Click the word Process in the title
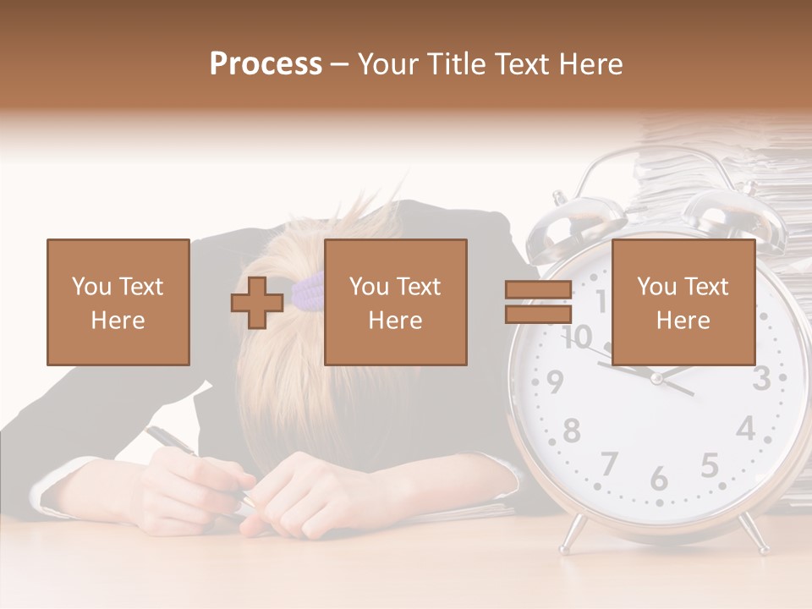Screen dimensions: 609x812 (x=266, y=64)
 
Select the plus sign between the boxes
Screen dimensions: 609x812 (x=257, y=303)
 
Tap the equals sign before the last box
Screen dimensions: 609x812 (x=538, y=302)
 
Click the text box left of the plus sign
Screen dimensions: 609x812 (x=118, y=302)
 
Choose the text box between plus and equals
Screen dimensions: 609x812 (x=395, y=302)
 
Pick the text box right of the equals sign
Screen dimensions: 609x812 (x=683, y=302)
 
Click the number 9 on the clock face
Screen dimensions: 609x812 (x=555, y=383)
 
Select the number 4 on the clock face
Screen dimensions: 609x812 (x=745, y=429)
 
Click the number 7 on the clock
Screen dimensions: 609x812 (x=609, y=464)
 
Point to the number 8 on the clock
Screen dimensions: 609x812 (x=572, y=431)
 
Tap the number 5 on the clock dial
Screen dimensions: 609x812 (x=710, y=465)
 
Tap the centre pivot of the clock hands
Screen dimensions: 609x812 (x=656, y=378)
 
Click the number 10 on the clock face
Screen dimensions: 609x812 (x=577, y=337)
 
